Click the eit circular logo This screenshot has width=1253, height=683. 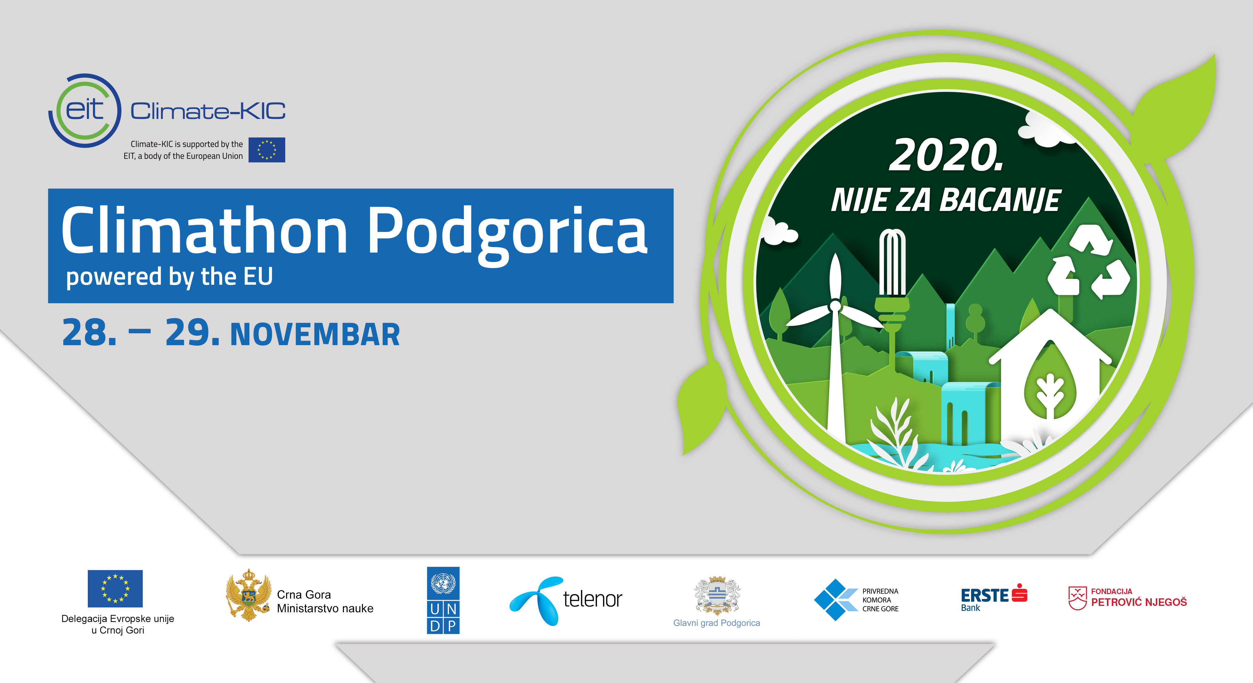click(85, 110)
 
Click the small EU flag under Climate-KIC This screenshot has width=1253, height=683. click(267, 150)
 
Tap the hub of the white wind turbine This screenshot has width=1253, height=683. click(835, 306)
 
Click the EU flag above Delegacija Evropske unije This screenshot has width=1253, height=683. click(115, 588)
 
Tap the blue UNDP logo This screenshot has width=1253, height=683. click(443, 600)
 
